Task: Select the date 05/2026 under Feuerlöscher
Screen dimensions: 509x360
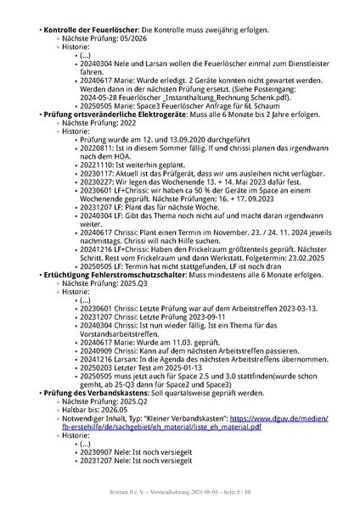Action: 119,40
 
